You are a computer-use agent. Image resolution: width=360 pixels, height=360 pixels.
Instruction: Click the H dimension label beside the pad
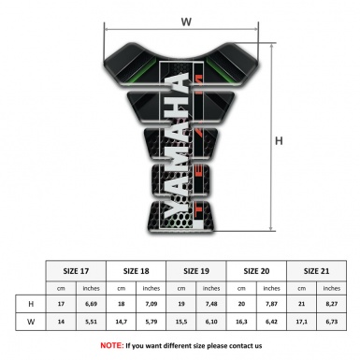pyautogui.click(x=280, y=141)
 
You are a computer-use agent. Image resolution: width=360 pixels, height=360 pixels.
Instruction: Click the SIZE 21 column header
pyautogui.click(x=314, y=269)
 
